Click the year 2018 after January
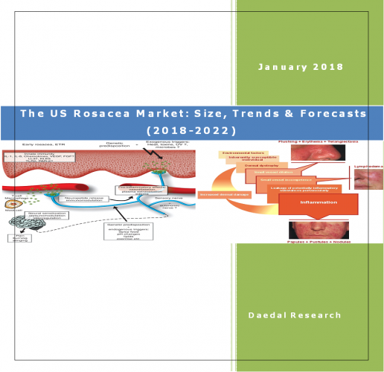(x=328, y=67)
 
